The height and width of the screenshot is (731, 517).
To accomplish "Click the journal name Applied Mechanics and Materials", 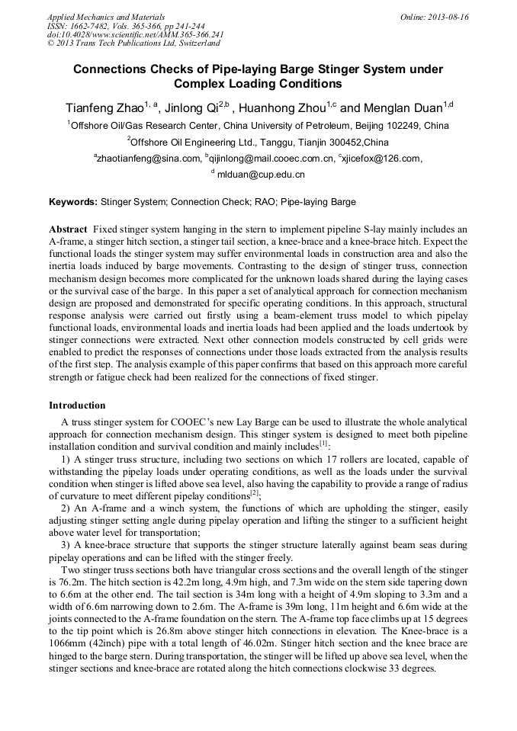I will (97, 17).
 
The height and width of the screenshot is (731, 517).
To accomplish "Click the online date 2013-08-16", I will (448, 17).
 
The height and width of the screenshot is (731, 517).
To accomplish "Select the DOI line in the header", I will (135, 35).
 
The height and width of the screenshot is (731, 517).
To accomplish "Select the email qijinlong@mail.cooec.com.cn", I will (271, 159).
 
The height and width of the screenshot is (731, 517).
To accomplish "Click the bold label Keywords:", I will (73, 203).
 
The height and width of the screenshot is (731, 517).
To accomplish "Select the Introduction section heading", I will (77, 405).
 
